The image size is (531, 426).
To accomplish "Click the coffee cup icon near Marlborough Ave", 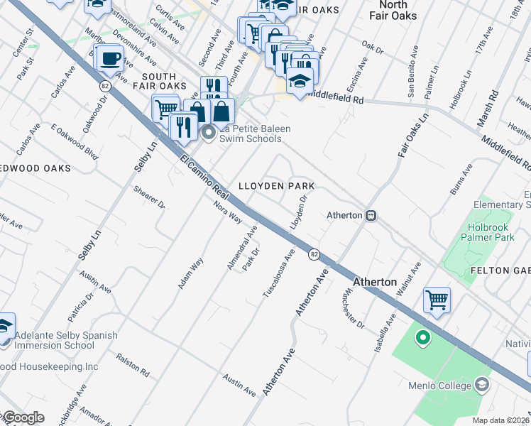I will [109, 58].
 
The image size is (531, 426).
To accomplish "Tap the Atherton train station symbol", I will [371, 215].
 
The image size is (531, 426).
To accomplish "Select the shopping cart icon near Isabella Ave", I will [437, 299].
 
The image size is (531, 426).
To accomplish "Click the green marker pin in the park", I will [422, 338].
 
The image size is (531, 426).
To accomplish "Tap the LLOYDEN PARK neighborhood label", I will [276, 186].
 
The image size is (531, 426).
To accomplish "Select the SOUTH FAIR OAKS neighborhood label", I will [163, 81].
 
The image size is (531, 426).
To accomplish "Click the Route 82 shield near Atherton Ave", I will [313, 253].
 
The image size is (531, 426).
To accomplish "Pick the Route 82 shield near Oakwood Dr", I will [105, 85].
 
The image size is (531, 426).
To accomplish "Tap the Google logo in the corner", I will [23, 417].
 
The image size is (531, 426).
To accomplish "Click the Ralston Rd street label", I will [133, 366].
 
